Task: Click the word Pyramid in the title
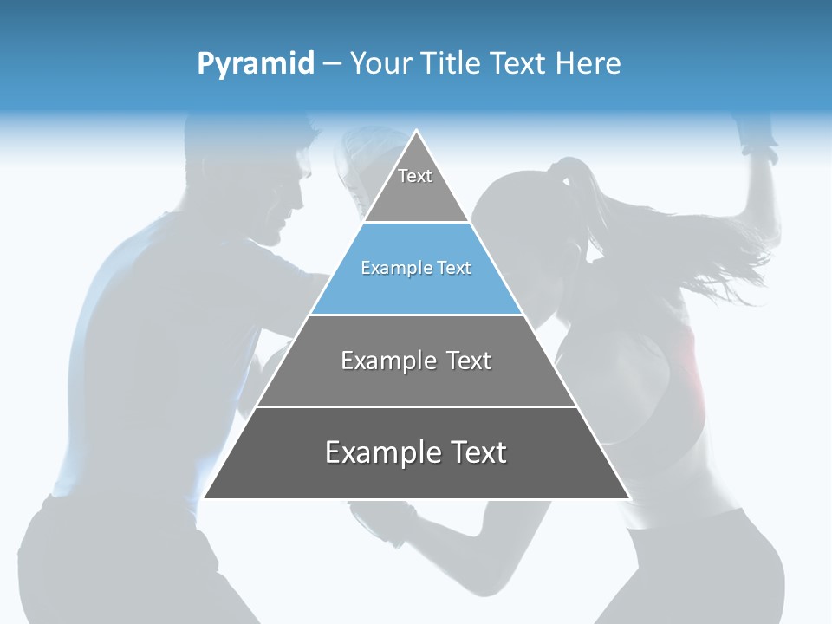(x=256, y=64)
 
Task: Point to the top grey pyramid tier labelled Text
(x=416, y=186)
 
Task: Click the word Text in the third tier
(x=469, y=361)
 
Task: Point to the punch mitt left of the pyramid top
(x=355, y=165)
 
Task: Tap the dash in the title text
(x=332, y=64)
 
